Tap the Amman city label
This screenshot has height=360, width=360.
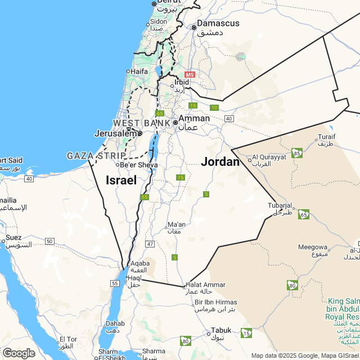point(194,119)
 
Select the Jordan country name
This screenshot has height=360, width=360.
point(220,162)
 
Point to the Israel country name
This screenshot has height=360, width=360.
point(121,181)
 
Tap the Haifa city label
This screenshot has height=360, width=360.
point(139,71)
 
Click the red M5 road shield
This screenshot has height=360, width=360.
point(189,74)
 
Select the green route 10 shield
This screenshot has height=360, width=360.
point(214,107)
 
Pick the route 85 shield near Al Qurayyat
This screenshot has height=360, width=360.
point(297,152)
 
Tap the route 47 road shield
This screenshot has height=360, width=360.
point(150,244)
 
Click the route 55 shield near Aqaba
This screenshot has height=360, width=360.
point(115,283)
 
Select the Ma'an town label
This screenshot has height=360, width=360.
point(176,225)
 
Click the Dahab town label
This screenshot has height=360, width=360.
point(115,324)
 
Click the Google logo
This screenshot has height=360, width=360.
point(18,353)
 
